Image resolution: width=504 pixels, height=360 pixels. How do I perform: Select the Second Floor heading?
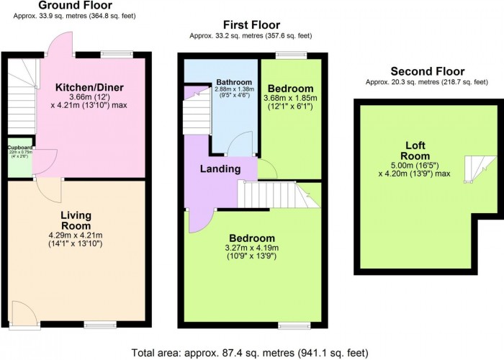pyautogui.click(x=427, y=71)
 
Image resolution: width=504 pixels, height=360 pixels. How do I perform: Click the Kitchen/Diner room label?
pyautogui.click(x=89, y=88)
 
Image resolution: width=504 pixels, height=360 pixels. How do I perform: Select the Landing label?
pyautogui.click(x=220, y=168)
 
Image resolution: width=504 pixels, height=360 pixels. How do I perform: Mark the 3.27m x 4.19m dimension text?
pyautogui.click(x=252, y=248)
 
